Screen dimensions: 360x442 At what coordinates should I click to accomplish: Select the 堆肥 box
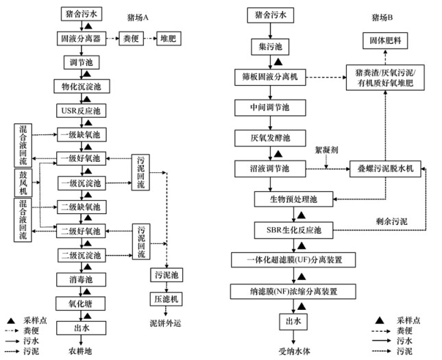point(167,39)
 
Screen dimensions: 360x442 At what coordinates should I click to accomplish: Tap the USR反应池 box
point(82,110)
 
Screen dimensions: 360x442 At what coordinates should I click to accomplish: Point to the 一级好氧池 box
point(82,158)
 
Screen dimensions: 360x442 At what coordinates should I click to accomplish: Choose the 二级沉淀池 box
point(82,255)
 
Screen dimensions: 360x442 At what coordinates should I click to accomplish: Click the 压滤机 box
point(165,299)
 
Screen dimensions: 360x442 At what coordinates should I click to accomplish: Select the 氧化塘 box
point(82,302)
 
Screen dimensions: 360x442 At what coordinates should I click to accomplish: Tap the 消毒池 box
point(82,279)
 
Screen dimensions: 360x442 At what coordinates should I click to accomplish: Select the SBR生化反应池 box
point(293,229)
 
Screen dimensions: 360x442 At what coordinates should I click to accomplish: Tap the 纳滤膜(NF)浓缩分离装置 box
point(293,291)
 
